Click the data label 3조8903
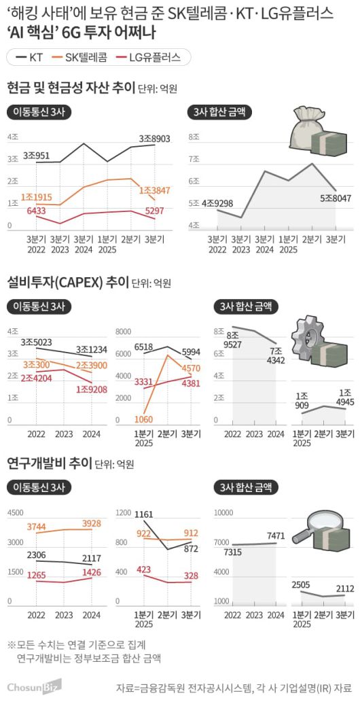154,139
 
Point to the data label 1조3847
154,190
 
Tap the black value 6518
143,347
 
